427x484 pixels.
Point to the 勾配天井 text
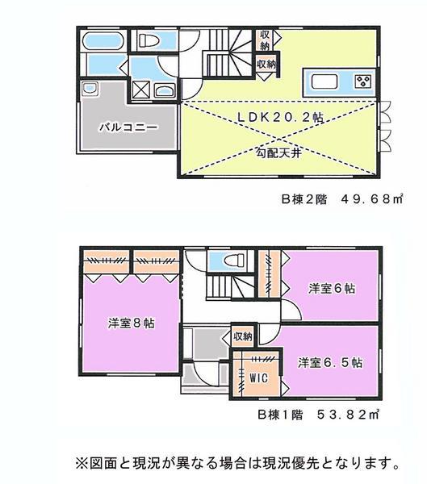[279, 151]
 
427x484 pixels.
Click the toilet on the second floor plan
[149, 40]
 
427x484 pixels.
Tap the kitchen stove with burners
[361, 81]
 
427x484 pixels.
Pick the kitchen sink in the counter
[324, 81]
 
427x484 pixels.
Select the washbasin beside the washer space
[165, 90]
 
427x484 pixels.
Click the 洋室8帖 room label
[131, 323]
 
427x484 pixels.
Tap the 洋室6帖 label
[332, 288]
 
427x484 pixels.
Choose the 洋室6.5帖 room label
[329, 362]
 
